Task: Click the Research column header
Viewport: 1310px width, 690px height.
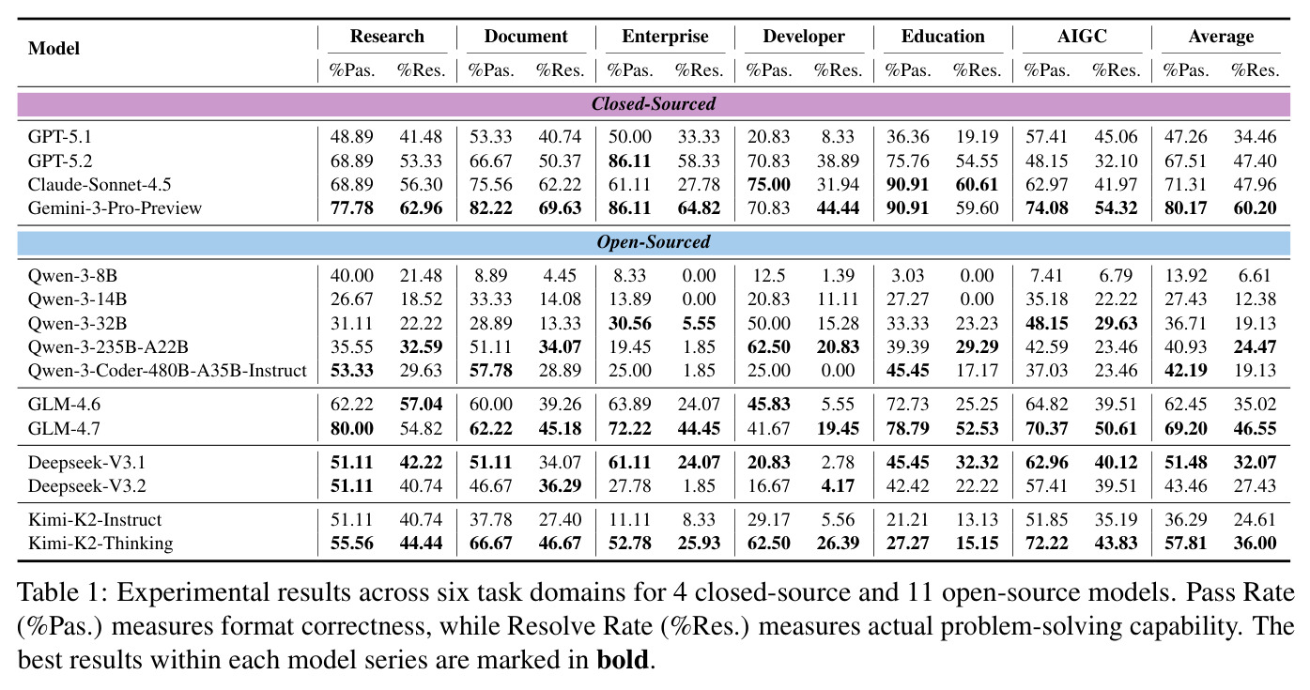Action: pos(387,37)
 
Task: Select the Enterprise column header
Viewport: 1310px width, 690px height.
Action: pos(665,37)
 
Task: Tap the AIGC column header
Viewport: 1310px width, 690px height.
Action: pos(1082,37)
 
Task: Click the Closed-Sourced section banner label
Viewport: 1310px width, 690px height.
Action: pos(654,103)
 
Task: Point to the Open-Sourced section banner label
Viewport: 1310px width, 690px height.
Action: pos(654,242)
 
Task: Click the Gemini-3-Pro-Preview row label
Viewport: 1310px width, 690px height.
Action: pos(115,208)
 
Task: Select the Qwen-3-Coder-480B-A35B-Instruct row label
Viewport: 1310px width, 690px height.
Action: pos(167,370)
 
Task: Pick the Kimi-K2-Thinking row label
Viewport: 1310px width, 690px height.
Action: pos(100,544)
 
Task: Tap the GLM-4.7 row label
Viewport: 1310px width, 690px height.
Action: pos(65,429)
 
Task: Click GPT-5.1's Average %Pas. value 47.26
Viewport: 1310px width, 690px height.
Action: pos(1185,137)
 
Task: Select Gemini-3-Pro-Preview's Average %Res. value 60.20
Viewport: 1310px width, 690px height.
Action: pos(1255,208)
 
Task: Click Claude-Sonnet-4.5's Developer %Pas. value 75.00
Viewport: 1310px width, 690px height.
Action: pos(768,184)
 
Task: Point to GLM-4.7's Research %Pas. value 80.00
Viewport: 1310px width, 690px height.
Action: pos(351,429)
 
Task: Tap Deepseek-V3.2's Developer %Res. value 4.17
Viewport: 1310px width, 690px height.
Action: pos(838,486)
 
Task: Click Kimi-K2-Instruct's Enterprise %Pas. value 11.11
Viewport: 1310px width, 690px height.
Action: pos(630,520)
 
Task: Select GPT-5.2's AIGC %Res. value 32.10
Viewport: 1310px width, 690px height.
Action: pos(1116,161)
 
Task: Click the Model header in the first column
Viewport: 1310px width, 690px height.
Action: pos(54,48)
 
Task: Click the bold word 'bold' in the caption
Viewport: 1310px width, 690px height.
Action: pos(623,660)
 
